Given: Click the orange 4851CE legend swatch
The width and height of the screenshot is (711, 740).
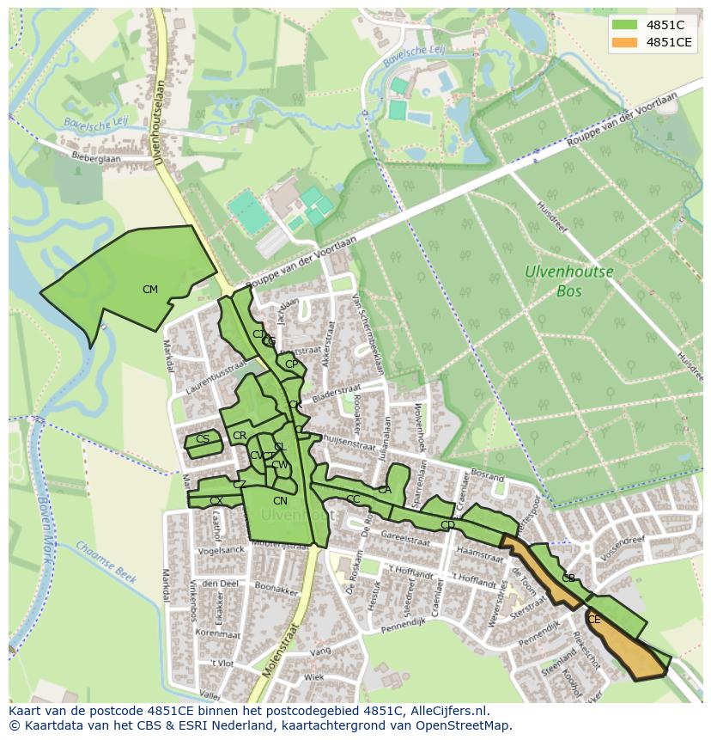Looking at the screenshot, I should click(x=624, y=42).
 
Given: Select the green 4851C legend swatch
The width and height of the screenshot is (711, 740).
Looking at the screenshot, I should click(x=624, y=25).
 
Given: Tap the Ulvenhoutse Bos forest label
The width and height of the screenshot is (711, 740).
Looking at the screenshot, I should click(x=569, y=281).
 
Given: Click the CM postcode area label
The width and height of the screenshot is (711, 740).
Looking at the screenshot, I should click(x=150, y=290).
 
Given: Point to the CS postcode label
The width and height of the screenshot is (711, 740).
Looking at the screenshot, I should click(x=203, y=439).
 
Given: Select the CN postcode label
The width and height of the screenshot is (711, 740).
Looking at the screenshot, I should click(x=280, y=501).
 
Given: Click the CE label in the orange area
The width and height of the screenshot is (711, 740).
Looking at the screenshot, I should click(x=594, y=619).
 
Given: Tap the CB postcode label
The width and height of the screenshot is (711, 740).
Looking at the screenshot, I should click(x=568, y=578).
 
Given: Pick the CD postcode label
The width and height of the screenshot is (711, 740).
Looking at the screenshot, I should click(x=447, y=525).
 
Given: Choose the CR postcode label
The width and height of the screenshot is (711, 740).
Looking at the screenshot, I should click(x=240, y=437).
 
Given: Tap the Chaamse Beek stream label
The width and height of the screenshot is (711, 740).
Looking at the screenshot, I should click(x=106, y=562).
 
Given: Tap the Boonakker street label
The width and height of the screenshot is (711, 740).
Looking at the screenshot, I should click(x=276, y=589).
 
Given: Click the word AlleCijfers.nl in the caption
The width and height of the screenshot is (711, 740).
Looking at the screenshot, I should click(x=446, y=711).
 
